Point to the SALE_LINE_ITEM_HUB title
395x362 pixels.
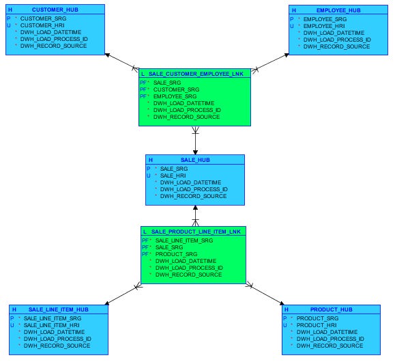(59, 309)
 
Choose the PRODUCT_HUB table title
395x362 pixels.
(336, 309)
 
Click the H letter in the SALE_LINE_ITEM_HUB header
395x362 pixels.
(13, 309)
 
